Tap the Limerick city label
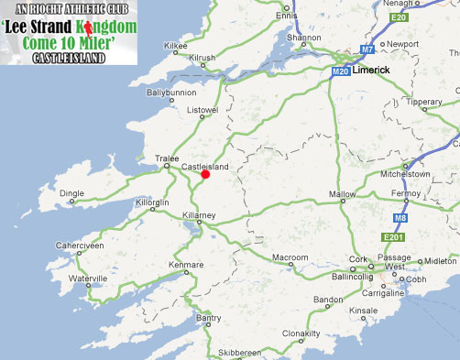(x=369, y=71)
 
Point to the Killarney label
(x=199, y=214)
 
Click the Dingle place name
(x=72, y=193)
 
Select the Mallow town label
(x=342, y=194)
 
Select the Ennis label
(x=288, y=16)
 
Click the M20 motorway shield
(x=341, y=71)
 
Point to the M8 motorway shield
(x=426, y=218)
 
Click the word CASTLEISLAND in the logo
(x=68, y=59)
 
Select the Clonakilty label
(x=301, y=333)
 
